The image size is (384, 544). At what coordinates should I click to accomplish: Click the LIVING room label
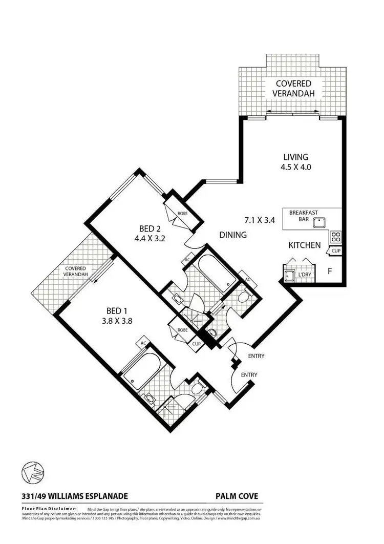coord(295,157)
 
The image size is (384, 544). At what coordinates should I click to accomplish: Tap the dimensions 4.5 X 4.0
coord(295,166)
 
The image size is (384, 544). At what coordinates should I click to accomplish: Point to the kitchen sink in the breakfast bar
coord(321,222)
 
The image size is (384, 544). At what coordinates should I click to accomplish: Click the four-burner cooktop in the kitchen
coord(336,237)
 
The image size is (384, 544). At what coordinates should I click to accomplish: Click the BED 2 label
coord(152,228)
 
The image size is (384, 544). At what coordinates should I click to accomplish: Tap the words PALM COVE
coord(236,496)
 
